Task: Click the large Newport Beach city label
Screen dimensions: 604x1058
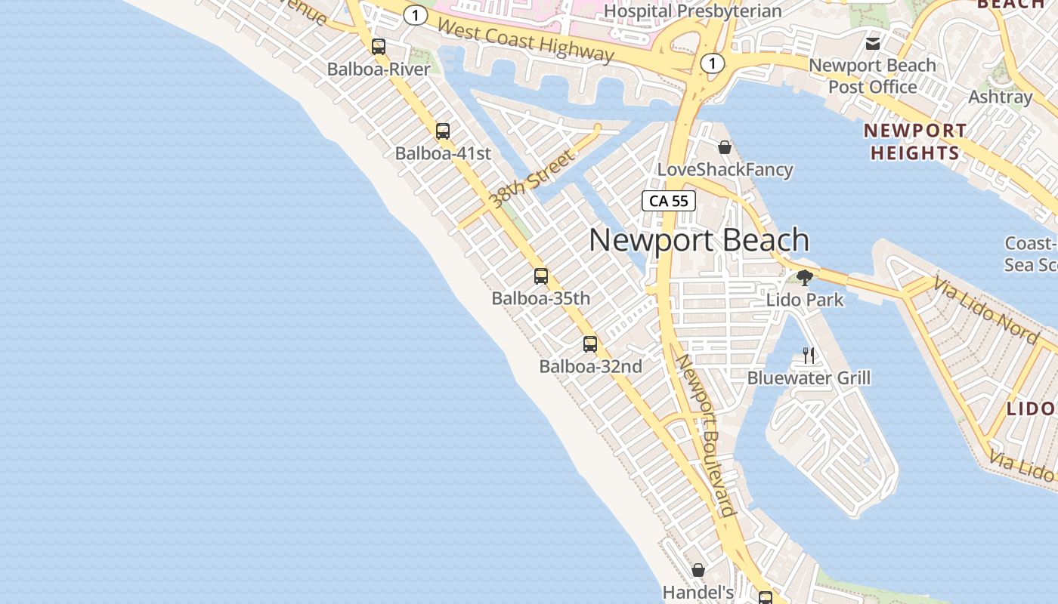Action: coord(699,240)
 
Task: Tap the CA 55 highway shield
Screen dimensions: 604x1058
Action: coord(669,201)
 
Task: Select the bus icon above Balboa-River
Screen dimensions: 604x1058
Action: coord(379,47)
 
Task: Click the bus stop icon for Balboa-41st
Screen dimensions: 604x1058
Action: coord(443,131)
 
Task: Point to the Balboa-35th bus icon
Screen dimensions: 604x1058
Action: coord(541,276)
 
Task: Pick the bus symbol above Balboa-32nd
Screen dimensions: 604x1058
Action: coord(590,345)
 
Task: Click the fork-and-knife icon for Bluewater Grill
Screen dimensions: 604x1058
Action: coord(809,356)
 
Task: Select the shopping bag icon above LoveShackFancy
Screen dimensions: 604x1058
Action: coord(725,147)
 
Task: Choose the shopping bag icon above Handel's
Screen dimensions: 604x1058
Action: coord(698,570)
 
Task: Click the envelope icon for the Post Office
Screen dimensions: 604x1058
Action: coord(873,44)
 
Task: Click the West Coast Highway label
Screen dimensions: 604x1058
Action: coord(525,40)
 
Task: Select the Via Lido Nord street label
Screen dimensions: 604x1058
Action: coord(985,310)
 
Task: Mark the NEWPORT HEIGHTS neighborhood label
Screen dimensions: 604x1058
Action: coord(914,142)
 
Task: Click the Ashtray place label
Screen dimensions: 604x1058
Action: coord(1000,97)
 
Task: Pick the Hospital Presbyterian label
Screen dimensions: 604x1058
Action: coord(692,11)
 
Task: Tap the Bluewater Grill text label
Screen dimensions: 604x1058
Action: coord(809,377)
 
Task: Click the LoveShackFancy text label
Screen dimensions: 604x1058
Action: coord(725,169)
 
